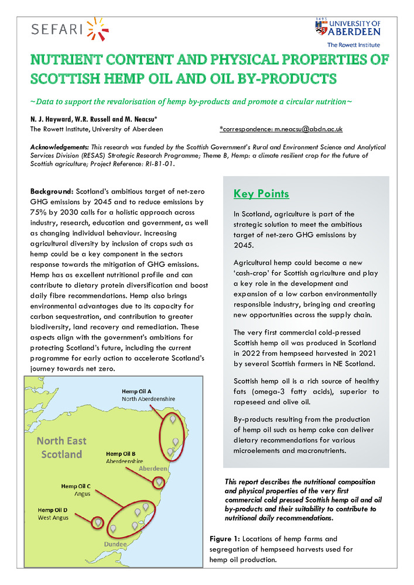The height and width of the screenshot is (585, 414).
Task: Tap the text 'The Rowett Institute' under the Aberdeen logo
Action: (353, 45)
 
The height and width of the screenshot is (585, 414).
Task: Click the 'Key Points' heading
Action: (261, 194)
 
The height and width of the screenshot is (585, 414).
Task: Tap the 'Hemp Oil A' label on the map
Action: (137, 391)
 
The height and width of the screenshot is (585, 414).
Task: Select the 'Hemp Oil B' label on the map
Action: (121, 453)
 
